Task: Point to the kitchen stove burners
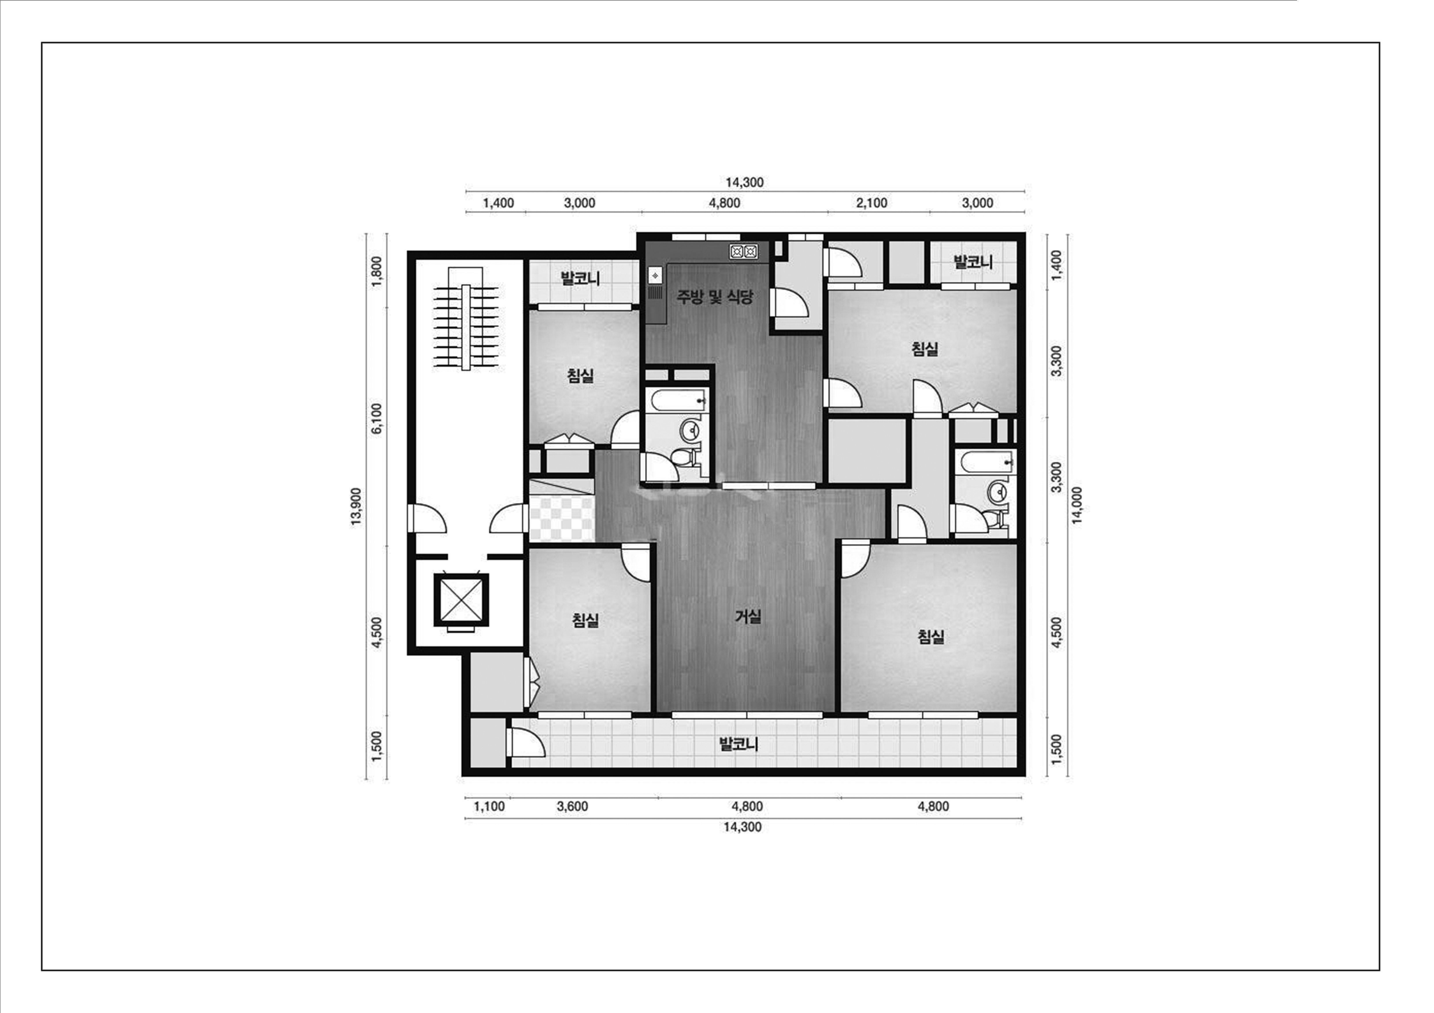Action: (743, 252)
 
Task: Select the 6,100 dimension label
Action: (376, 418)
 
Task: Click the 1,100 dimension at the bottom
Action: (489, 807)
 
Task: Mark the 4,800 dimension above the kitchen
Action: (724, 203)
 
